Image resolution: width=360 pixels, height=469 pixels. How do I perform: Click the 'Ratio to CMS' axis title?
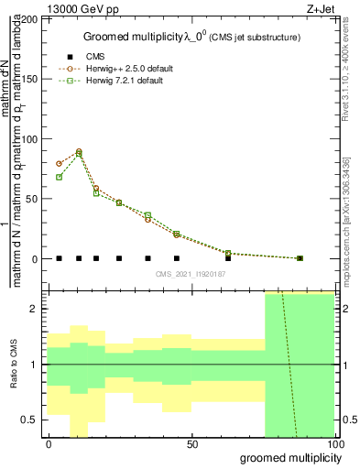(x=13, y=365)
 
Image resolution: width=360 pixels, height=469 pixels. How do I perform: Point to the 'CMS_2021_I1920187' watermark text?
(x=191, y=273)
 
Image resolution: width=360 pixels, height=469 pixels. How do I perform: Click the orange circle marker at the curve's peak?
(x=79, y=151)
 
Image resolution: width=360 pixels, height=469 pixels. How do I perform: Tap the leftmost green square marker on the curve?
(x=59, y=177)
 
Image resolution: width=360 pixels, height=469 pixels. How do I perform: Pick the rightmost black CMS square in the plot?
(x=300, y=258)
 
